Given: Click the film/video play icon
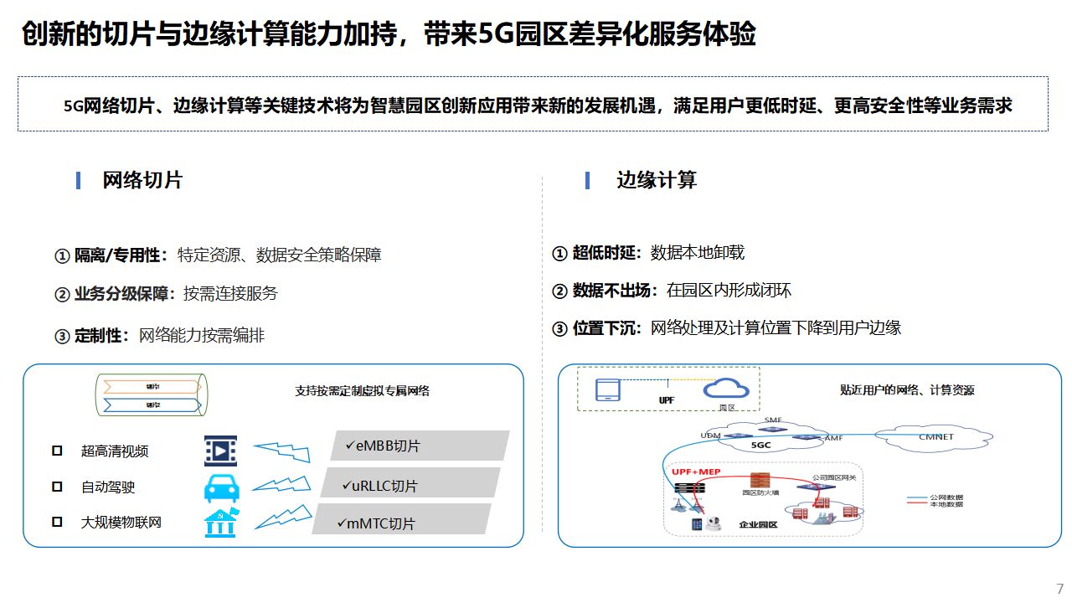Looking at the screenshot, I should pyautogui.click(x=220, y=451).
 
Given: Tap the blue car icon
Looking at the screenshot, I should pyautogui.click(x=220, y=487).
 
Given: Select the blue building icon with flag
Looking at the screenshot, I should pyautogui.click(x=221, y=523).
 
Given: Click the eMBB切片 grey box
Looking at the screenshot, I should pyautogui.click(x=420, y=446).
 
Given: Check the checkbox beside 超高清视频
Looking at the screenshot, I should pyautogui.click(x=57, y=451).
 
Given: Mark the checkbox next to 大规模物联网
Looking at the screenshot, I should pyautogui.click(x=57, y=522).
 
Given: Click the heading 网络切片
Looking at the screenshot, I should pyautogui.click(x=142, y=180).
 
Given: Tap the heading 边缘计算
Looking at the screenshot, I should pyautogui.click(x=657, y=180).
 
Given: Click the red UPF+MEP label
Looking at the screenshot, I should pyautogui.click(x=696, y=472).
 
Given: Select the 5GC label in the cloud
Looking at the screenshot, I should pyautogui.click(x=760, y=446).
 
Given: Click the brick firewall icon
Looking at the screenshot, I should pyautogui.click(x=760, y=481).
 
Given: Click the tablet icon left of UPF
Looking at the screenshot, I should pyautogui.click(x=608, y=390).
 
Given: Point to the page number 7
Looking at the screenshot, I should pyautogui.click(x=1059, y=589).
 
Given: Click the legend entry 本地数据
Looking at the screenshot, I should pyautogui.click(x=946, y=504).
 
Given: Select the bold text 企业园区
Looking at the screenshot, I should pyautogui.click(x=758, y=524).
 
